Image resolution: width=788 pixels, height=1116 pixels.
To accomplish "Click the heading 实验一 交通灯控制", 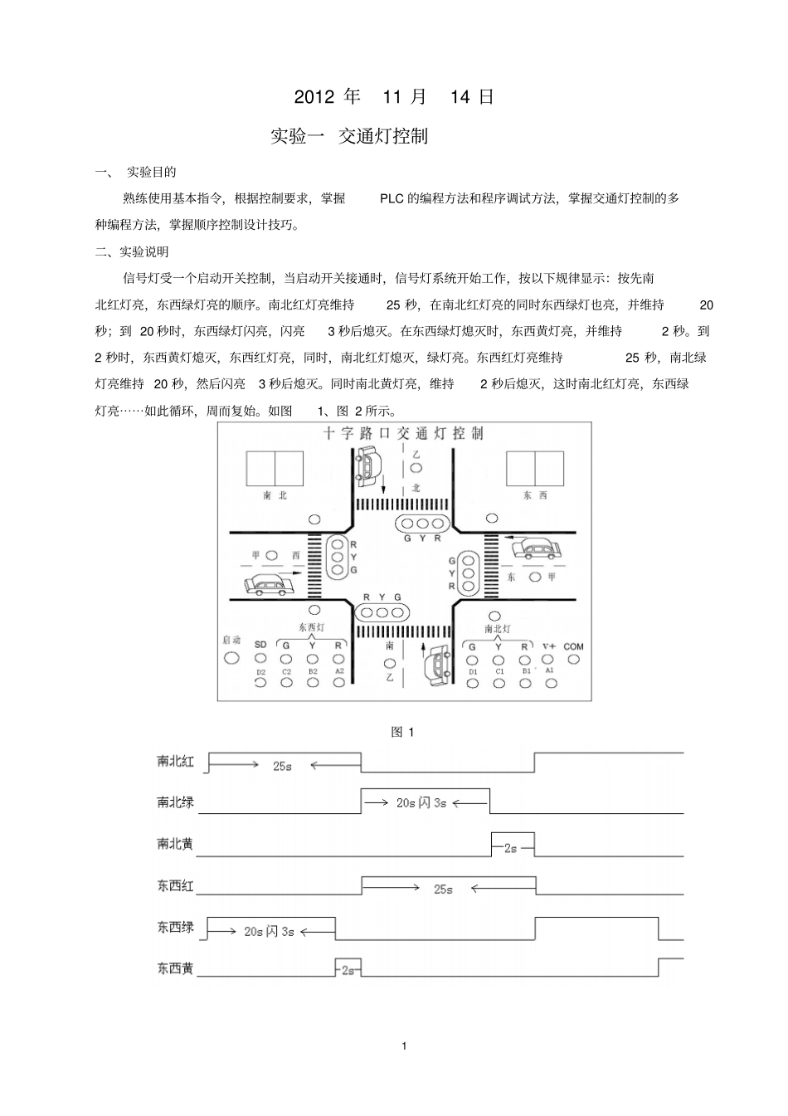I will click(x=349, y=136).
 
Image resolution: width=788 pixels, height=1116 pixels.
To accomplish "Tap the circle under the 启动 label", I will click(x=232, y=657).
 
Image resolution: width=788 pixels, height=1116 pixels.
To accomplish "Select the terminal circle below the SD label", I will click(x=260, y=658).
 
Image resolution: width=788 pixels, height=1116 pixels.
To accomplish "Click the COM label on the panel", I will click(x=573, y=646).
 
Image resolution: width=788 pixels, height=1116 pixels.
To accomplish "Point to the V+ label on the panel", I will click(x=549, y=646).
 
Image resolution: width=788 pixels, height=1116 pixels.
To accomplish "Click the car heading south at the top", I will click(x=365, y=465).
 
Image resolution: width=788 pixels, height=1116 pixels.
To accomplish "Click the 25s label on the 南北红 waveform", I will click(x=282, y=766).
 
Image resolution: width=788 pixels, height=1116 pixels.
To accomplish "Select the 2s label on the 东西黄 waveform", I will click(x=348, y=970).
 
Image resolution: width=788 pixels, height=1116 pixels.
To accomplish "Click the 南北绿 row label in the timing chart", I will click(x=175, y=802).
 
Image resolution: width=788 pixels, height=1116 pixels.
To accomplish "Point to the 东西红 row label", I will click(x=175, y=886).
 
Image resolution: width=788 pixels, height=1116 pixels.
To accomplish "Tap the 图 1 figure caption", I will click(x=402, y=732).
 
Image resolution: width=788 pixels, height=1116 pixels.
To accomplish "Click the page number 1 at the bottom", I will click(x=404, y=1046).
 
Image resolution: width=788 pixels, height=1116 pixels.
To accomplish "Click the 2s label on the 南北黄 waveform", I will click(x=511, y=848).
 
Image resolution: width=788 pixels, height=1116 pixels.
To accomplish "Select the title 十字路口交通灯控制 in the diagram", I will click(x=404, y=433).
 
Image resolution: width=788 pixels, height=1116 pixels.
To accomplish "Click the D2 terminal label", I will click(x=260, y=672).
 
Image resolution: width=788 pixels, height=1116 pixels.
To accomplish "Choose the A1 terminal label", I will click(x=549, y=670).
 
